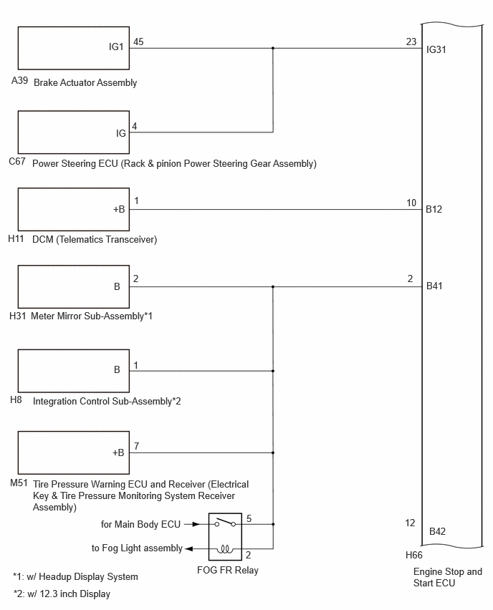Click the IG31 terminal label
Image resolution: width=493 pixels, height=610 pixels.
[436, 50]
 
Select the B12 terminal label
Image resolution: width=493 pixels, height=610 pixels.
[434, 209]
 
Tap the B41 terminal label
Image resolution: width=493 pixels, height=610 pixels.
[434, 286]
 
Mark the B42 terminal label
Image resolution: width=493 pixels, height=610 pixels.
[437, 531]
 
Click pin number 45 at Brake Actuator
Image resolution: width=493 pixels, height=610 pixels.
[138, 42]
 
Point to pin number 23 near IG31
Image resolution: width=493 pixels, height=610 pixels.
[411, 42]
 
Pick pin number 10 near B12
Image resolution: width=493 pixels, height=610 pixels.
[411, 203]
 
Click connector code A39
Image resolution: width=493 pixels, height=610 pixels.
[19, 80]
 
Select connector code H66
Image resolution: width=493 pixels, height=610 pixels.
[414, 555]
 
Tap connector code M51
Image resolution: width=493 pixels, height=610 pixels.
[19, 483]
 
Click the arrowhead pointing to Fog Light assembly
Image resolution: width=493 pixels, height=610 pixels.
[188, 549]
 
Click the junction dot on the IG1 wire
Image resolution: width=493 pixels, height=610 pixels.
[273, 48]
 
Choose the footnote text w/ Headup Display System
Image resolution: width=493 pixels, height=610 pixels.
[82, 577]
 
